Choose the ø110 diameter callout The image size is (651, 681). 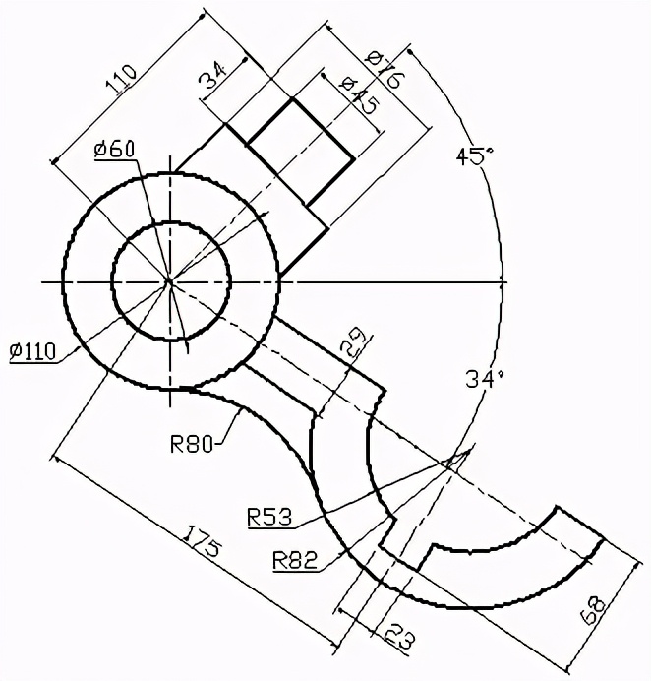pyautogui.click(x=32, y=351)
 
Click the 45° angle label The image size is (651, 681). pyautogui.click(x=472, y=155)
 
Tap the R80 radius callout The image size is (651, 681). pyautogui.click(x=192, y=443)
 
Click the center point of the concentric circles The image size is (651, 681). pyautogui.click(x=170, y=281)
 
